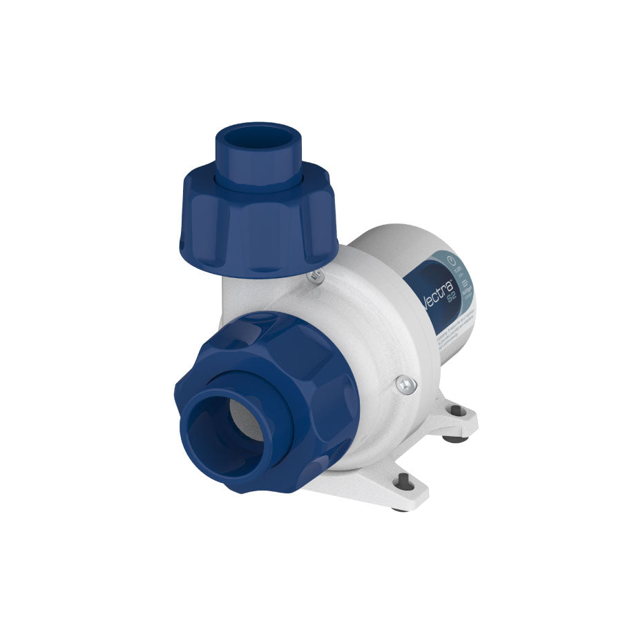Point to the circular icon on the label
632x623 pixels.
[450, 260]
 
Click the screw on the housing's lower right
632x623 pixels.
[405, 384]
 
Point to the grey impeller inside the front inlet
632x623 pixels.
[249, 421]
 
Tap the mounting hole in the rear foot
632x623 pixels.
[457, 411]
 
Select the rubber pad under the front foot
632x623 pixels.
[400, 509]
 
